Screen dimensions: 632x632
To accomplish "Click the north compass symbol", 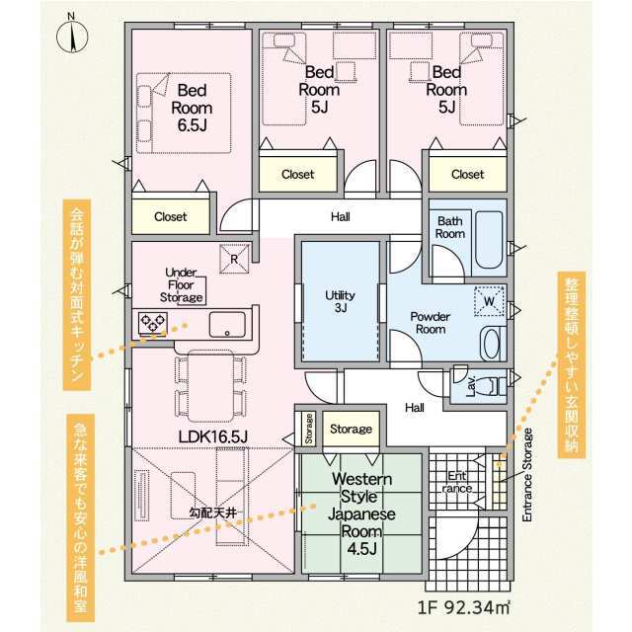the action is pyautogui.click(x=72, y=36).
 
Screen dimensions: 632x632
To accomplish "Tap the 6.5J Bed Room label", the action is pyautogui.click(x=192, y=108).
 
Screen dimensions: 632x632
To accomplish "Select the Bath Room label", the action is pyautogui.click(x=450, y=227).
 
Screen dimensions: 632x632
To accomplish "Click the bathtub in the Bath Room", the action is pyautogui.click(x=489, y=240).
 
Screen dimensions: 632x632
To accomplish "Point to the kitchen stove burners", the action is pyautogui.click(x=153, y=323).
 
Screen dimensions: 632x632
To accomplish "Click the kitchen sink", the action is pyautogui.click(x=227, y=325).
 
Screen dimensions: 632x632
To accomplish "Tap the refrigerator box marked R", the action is pyautogui.click(x=234, y=259).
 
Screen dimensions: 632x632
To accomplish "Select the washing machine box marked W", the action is pyautogui.click(x=489, y=300).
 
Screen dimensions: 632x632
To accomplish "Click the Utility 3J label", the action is pyautogui.click(x=340, y=301).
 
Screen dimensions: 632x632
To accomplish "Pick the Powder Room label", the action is pyautogui.click(x=431, y=323).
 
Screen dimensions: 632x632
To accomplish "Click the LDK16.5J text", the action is pyautogui.click(x=213, y=436).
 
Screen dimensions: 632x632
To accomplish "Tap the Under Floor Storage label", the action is pyautogui.click(x=182, y=285).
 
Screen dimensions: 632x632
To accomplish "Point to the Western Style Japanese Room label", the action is pyautogui.click(x=361, y=513).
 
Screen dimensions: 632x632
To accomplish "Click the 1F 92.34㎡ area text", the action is pyautogui.click(x=463, y=607).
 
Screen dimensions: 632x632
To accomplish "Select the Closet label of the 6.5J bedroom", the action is pyautogui.click(x=171, y=217).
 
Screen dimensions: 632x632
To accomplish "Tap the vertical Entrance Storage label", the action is pyautogui.click(x=527, y=475).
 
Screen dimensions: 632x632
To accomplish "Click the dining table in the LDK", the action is pyautogui.click(x=210, y=386).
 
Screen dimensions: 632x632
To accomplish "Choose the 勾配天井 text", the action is pyautogui.click(x=213, y=513).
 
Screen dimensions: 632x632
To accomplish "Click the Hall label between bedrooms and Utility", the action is pyautogui.click(x=340, y=217).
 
